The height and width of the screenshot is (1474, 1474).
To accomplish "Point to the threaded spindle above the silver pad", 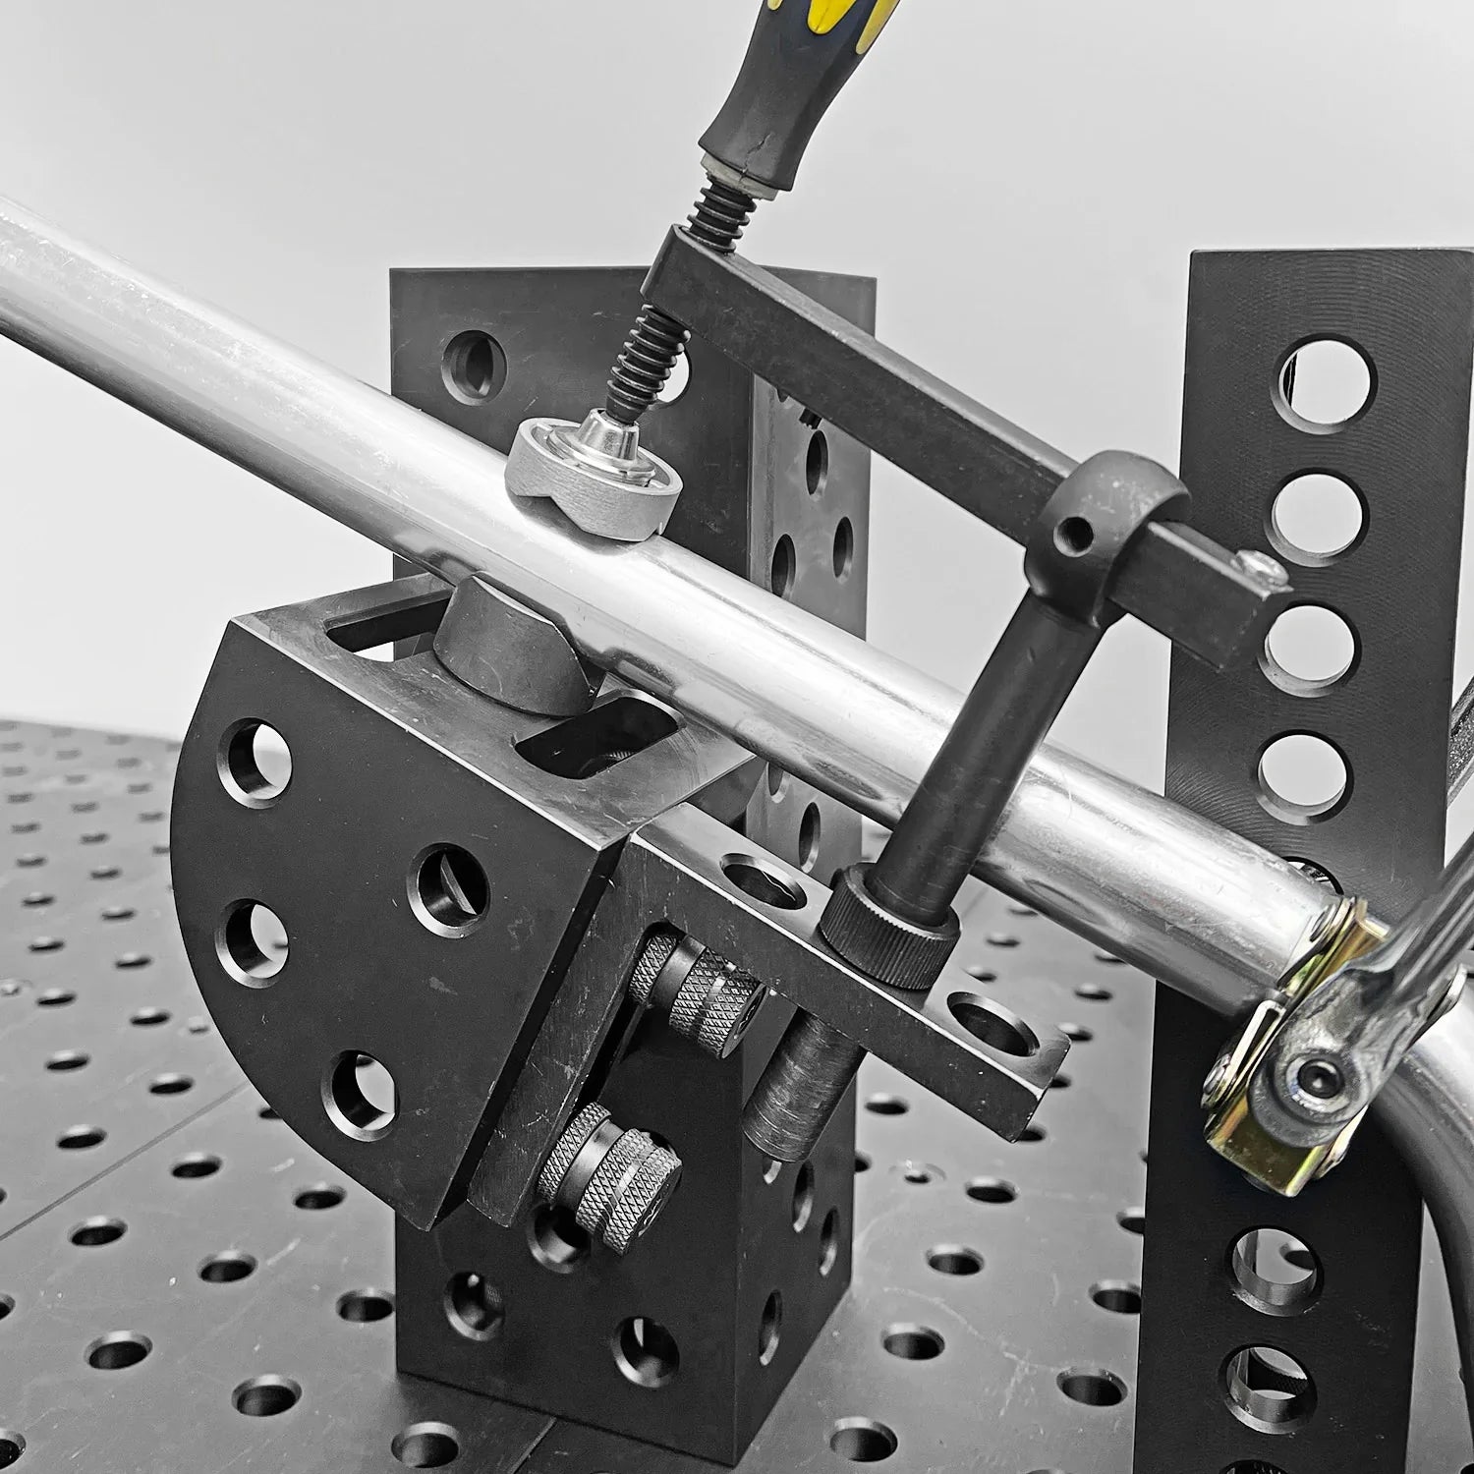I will click(x=640, y=353).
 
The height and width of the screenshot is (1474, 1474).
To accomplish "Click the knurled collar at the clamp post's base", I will click(x=889, y=928).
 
